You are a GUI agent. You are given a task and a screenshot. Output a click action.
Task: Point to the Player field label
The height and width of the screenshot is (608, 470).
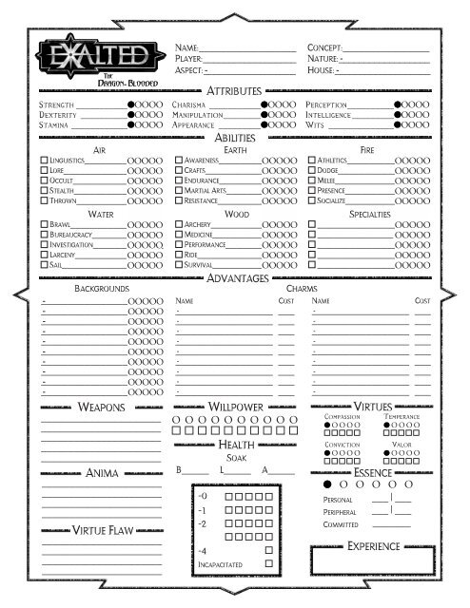[x=188, y=59]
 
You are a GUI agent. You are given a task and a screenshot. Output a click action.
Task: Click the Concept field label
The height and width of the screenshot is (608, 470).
[x=323, y=47]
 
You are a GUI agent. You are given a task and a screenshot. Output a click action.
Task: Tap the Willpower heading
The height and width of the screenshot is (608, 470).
[x=235, y=407]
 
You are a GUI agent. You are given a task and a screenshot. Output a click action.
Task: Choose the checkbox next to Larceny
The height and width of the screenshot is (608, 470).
[x=45, y=254]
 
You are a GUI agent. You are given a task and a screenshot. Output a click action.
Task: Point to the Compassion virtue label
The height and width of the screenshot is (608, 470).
[x=341, y=417]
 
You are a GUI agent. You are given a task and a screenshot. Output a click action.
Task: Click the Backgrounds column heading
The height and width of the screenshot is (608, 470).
[x=102, y=288]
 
